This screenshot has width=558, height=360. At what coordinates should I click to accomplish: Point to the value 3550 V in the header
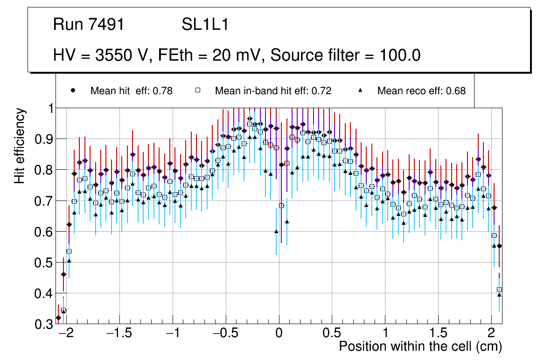tap(123, 55)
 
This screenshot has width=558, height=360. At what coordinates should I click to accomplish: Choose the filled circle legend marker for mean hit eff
tap(72, 90)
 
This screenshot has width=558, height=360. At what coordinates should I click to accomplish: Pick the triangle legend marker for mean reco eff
tap(360, 90)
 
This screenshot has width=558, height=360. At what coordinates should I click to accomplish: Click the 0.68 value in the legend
tap(456, 91)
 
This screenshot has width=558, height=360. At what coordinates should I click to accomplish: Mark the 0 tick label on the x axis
tap(279, 334)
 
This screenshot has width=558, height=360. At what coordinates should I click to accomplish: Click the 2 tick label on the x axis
tap(491, 334)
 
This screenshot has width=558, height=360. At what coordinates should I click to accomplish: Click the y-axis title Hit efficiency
tap(20, 145)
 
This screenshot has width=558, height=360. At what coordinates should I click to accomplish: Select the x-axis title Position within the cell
tap(420, 346)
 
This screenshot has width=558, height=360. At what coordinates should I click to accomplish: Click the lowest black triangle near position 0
tap(276, 231)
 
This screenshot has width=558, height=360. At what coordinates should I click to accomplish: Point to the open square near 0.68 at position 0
tap(281, 205)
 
